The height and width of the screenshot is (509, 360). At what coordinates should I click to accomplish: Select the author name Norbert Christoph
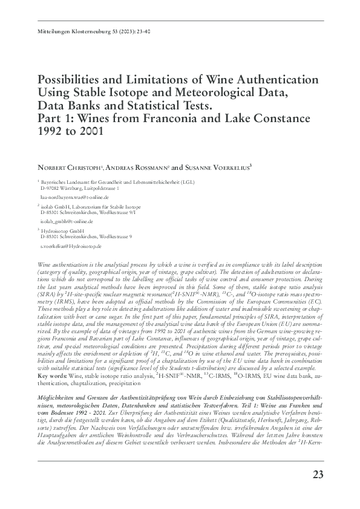tap(67, 167)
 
